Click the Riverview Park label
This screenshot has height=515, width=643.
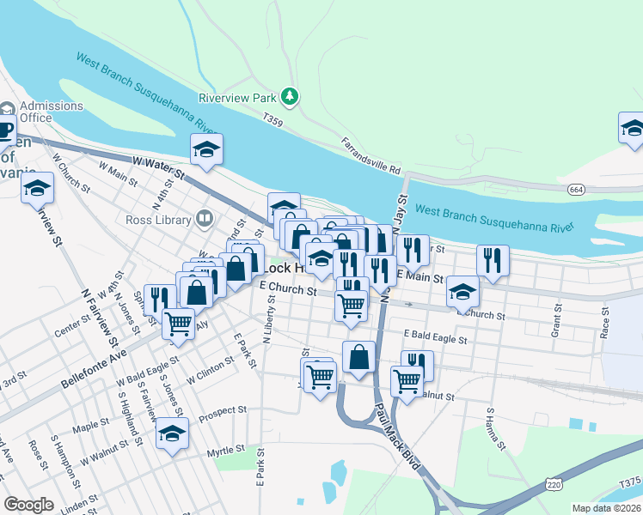point(237,98)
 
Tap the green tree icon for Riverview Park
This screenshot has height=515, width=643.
point(291,96)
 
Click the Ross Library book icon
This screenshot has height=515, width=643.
point(204,219)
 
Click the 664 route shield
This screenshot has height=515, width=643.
point(576,189)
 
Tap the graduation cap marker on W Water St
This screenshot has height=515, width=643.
point(206,150)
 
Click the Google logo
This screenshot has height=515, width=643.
point(28,505)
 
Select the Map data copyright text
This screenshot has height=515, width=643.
point(606,508)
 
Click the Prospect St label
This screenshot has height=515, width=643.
point(223,413)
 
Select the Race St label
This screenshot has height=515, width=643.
point(605,319)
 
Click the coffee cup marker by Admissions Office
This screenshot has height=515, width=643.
point(4,130)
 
